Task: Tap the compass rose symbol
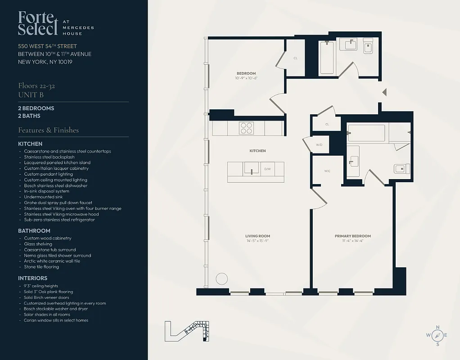(x=437, y=335)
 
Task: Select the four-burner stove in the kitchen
(x=246, y=128)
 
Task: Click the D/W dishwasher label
(x=267, y=169)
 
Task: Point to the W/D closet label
(x=319, y=145)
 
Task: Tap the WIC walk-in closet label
(x=327, y=171)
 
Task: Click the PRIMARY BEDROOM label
(x=352, y=236)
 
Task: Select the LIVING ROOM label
(x=257, y=236)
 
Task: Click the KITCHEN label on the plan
(x=257, y=151)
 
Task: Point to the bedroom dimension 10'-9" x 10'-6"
(x=246, y=78)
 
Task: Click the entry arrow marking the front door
(x=384, y=92)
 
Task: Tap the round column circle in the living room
(x=221, y=279)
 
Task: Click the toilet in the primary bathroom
(x=401, y=169)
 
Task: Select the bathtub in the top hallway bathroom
(x=327, y=58)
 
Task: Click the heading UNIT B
(x=31, y=95)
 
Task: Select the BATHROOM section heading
(x=34, y=231)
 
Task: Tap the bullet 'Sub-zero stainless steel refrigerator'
(x=59, y=220)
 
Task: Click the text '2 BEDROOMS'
(x=36, y=108)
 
